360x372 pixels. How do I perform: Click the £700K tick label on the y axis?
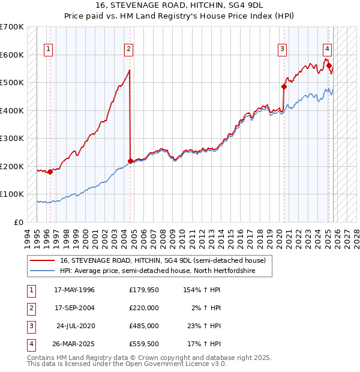pos(12,27)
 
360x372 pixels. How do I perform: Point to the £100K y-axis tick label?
pos(12,194)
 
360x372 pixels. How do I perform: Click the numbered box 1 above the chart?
pos(49,49)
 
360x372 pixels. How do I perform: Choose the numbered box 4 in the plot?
pos(328,49)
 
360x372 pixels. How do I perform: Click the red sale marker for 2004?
pos(131,161)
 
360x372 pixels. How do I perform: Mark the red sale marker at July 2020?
pos(284,86)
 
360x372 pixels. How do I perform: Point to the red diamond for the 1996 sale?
pos(50,172)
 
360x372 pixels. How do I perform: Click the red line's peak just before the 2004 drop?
pos(130,70)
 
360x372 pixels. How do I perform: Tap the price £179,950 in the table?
pos(143,290)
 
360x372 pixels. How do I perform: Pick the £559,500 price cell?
pos(143,344)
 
